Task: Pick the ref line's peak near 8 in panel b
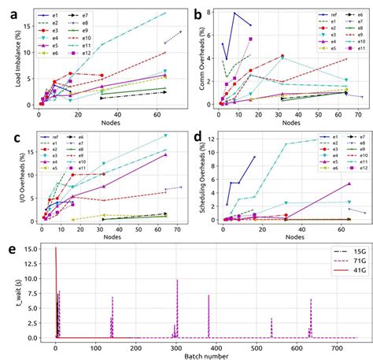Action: [x=235, y=13]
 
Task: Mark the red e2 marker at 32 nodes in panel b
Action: [x=283, y=56]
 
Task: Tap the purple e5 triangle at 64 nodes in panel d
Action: [x=349, y=184]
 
